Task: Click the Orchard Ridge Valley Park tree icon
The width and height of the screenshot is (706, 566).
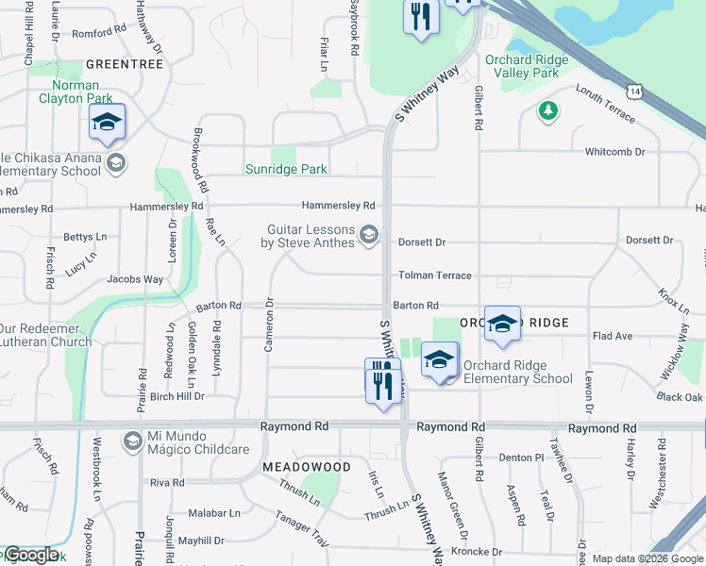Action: click(547, 111)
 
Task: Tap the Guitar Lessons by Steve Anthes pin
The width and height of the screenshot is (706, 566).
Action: click(369, 234)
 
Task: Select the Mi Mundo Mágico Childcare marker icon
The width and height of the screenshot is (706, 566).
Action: click(132, 441)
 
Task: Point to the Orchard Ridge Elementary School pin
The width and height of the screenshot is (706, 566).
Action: click(440, 360)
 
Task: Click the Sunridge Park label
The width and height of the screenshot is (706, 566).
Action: click(286, 170)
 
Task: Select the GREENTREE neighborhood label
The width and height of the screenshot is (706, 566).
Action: click(125, 64)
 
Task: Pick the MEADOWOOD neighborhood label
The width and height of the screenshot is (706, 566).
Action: click(307, 467)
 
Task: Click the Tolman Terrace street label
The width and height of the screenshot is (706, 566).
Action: click(434, 275)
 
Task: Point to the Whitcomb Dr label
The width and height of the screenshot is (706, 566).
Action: click(614, 152)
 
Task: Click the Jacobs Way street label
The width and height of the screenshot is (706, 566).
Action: click(134, 280)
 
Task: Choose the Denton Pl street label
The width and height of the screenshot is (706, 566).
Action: click(522, 458)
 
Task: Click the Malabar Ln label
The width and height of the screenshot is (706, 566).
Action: click(213, 514)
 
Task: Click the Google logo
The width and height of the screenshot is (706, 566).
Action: click(30, 555)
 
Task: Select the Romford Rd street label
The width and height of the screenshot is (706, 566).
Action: click(99, 32)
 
